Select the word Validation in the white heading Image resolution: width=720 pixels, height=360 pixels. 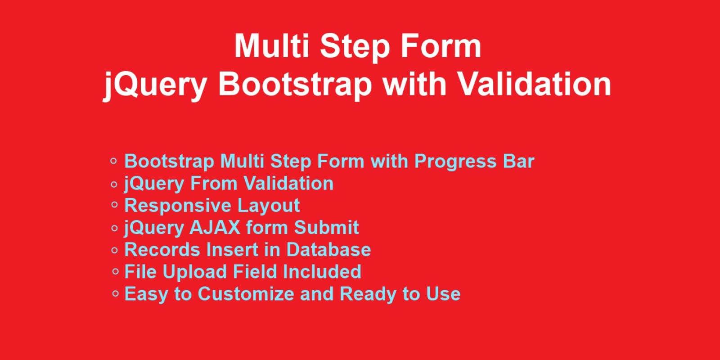click(534, 84)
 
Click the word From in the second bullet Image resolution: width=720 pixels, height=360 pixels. click(213, 183)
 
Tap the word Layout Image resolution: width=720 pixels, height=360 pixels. click(269, 206)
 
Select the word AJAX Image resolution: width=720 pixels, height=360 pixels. click(215, 228)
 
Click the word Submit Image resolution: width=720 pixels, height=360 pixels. click(326, 228)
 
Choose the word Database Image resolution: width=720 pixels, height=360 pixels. click(328, 250)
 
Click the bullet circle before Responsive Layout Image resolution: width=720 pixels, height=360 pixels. click(114, 205)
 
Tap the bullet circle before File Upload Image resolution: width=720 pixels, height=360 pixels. click(115, 272)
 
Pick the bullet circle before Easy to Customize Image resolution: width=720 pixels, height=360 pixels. click(115, 293)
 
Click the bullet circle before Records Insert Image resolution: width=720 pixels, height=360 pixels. click(114, 250)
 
